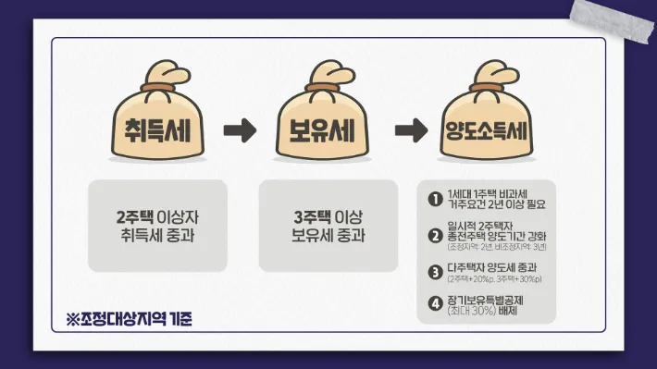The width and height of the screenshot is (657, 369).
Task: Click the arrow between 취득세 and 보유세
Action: (x=240, y=130)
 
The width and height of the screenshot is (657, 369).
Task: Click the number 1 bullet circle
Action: (x=434, y=198)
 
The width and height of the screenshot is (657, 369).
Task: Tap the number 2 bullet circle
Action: (x=434, y=234)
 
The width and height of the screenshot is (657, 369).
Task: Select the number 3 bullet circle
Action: (x=434, y=271)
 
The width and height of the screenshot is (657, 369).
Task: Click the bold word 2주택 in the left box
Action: (x=134, y=216)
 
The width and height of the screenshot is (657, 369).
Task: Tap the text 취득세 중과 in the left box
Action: (x=157, y=235)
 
